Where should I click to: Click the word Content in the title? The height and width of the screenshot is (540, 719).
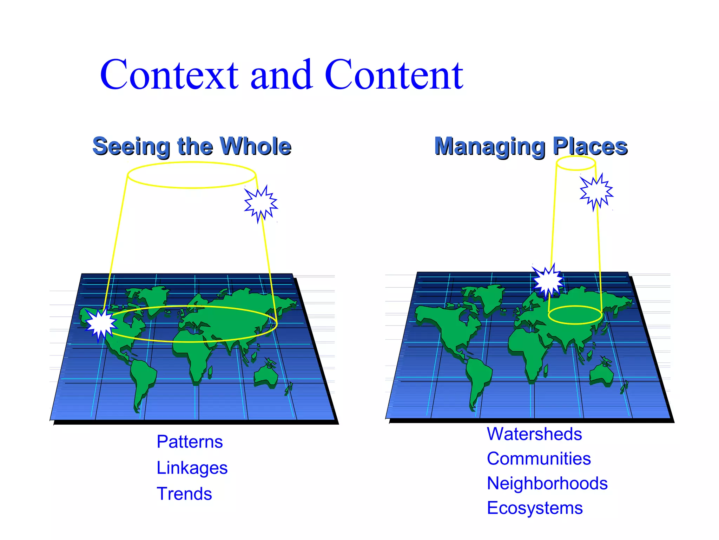(394, 75)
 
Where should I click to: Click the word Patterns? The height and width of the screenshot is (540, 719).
(190, 442)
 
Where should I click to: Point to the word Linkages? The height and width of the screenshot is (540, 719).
(192, 468)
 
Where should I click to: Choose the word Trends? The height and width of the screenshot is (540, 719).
(184, 494)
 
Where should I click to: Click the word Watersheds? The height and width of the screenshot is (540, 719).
(534, 434)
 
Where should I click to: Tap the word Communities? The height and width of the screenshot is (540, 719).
(539, 458)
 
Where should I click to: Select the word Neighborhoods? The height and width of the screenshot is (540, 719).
(547, 483)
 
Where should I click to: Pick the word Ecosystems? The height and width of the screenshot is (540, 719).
(535, 508)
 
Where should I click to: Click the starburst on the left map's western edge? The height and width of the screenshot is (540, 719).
(101, 324)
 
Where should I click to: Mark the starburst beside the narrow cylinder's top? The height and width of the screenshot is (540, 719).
(596, 192)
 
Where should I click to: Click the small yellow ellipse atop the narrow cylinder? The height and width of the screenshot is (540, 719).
(576, 163)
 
